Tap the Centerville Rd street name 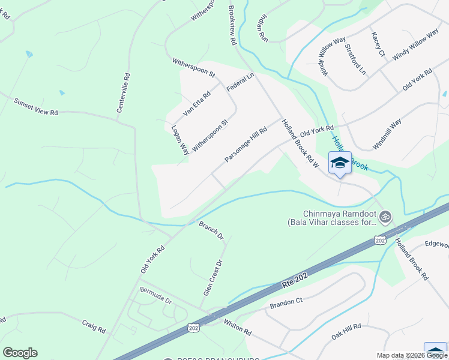124,93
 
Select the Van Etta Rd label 197,103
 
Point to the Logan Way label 180,140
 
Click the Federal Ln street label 241,82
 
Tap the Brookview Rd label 233,26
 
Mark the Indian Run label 263,28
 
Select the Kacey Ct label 378,44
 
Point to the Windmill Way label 387,134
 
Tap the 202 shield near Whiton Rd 193,328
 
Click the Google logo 20,353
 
